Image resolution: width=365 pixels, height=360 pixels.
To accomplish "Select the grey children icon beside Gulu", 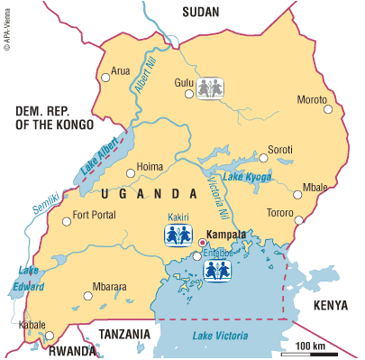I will click(210, 88).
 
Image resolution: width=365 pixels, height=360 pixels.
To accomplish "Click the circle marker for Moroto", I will click(328, 109).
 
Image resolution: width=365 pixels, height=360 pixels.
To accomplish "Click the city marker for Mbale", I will click(297, 192).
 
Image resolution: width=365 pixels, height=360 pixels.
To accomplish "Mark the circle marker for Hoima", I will click(131, 169).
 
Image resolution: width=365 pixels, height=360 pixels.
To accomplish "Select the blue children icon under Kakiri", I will click(177, 235).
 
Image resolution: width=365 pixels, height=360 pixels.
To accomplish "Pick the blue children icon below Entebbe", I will click(215, 271).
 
